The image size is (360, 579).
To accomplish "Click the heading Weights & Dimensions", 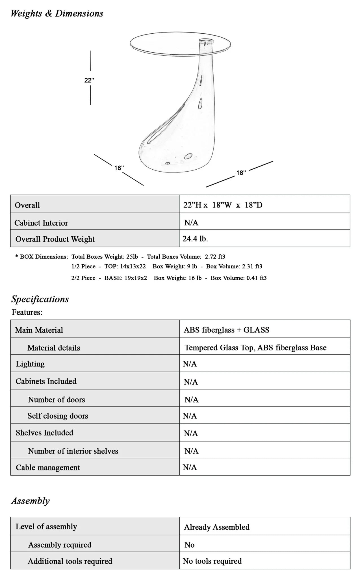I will [57, 14].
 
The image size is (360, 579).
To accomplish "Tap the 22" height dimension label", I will [89, 80].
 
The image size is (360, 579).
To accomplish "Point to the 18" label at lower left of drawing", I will [119, 168].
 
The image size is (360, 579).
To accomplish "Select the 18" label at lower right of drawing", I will [241, 173].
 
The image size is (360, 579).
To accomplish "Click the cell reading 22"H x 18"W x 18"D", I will [223, 205].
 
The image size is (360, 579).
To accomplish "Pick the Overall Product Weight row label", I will [55, 239].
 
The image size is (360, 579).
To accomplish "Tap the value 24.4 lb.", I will [195, 239].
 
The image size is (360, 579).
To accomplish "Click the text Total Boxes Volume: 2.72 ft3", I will [186, 257].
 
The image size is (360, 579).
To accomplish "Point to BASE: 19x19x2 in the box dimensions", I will [126, 278].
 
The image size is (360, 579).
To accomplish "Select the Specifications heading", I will [40, 299].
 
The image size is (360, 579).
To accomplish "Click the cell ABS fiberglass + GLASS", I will [226, 330].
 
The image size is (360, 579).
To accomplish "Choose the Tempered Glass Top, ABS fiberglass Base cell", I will [255, 347].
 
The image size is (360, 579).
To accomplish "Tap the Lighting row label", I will [30, 364].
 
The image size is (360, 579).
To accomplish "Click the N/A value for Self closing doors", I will [190, 416].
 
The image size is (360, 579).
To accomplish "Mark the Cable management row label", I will [48, 468].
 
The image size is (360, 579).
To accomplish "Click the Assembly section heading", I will [31, 501].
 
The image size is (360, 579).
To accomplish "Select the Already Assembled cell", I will [217, 527].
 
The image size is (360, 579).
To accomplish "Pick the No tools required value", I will [212, 561].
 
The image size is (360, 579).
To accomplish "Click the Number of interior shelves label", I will [73, 451].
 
